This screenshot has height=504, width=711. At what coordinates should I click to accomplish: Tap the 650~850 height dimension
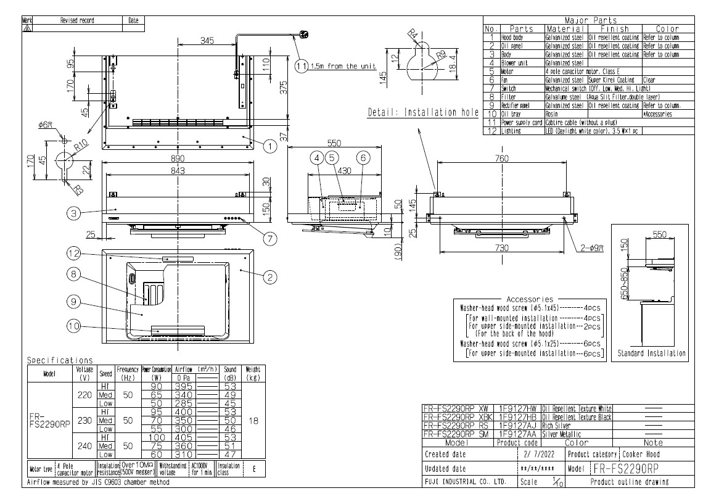624,283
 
